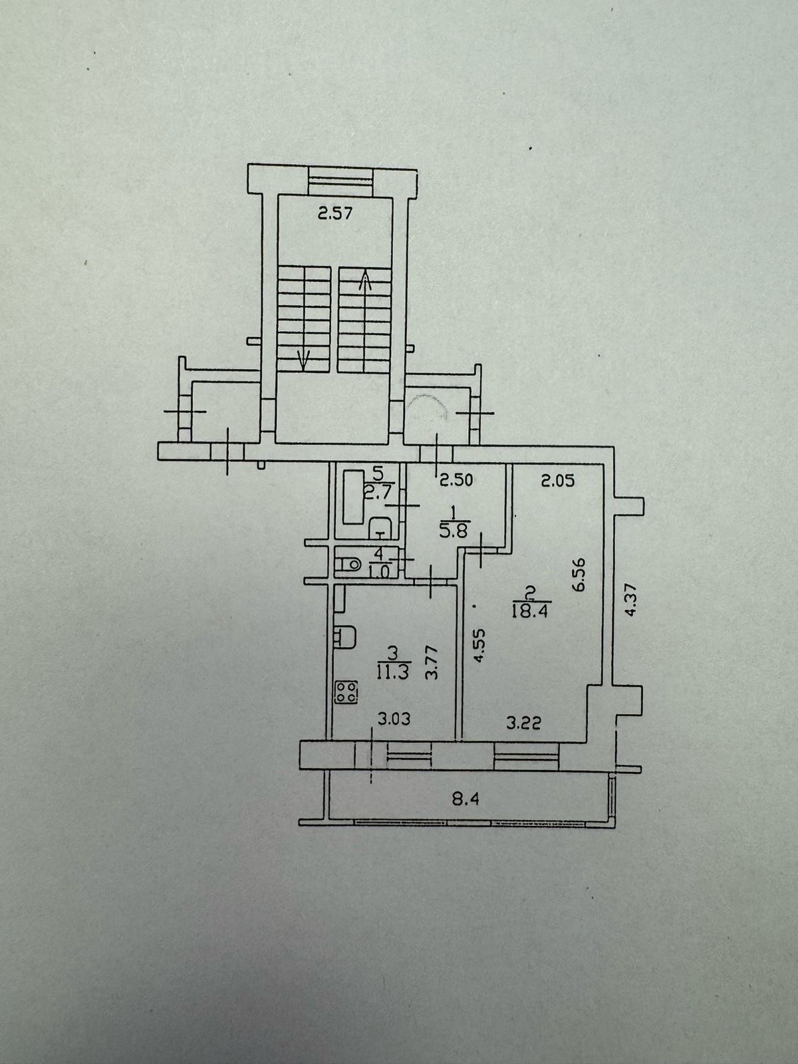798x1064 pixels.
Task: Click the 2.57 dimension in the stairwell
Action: (x=333, y=214)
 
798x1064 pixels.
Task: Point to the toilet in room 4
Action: (x=346, y=565)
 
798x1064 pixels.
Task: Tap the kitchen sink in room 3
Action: (x=345, y=637)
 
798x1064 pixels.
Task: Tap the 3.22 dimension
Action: (x=521, y=724)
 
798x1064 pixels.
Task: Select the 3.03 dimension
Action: (x=395, y=718)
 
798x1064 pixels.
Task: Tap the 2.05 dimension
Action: (x=557, y=480)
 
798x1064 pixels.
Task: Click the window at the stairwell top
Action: (x=342, y=178)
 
